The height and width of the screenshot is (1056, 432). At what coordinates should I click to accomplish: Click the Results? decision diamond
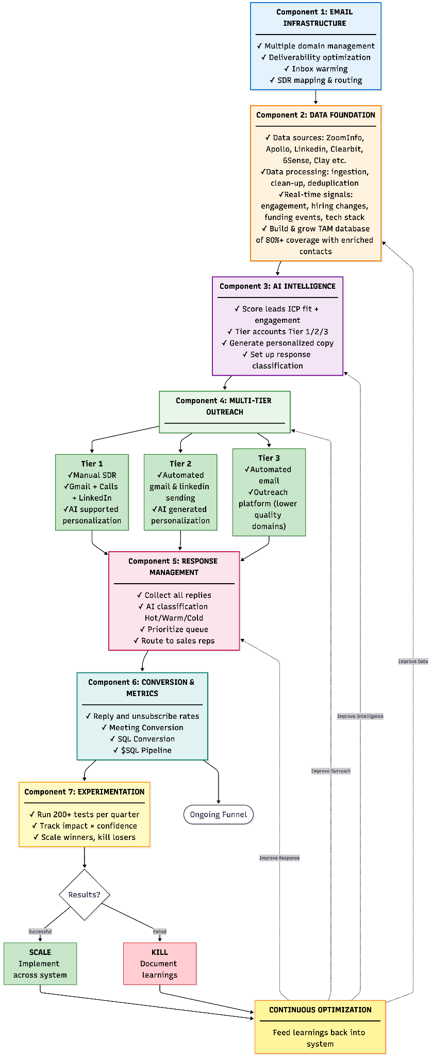tap(85, 895)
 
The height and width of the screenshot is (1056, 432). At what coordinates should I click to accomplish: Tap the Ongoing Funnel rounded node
tap(219, 815)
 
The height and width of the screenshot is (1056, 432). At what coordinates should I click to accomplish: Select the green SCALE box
tap(40, 963)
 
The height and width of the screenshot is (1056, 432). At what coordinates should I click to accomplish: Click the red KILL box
tap(160, 963)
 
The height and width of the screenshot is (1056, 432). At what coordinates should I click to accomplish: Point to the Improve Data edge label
tap(413, 661)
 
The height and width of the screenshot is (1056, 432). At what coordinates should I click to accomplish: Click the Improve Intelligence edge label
tap(360, 716)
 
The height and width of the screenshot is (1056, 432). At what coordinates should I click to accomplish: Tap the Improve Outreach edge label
tap(330, 771)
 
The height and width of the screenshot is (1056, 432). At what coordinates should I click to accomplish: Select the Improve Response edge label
tap(279, 858)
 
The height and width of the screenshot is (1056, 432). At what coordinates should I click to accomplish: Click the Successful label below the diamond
tap(40, 931)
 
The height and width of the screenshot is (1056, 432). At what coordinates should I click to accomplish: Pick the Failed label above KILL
tap(160, 931)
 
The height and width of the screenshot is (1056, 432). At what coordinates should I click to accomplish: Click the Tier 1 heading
tap(92, 464)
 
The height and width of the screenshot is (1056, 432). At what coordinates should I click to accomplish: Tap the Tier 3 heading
tap(269, 458)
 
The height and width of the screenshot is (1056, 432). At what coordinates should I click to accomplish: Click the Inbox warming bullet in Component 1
tap(315, 69)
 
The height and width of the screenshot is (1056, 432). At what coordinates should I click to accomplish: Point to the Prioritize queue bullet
tap(174, 629)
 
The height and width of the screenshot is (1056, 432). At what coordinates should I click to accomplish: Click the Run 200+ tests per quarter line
tap(85, 815)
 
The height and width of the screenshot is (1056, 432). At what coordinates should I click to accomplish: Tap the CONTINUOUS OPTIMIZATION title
tap(320, 1010)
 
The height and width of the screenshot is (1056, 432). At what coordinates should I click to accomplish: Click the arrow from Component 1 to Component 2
tap(315, 97)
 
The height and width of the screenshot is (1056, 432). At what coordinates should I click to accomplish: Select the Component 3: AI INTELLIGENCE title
tap(277, 286)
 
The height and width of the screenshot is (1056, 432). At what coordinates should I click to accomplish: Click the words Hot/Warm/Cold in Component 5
tap(174, 618)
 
